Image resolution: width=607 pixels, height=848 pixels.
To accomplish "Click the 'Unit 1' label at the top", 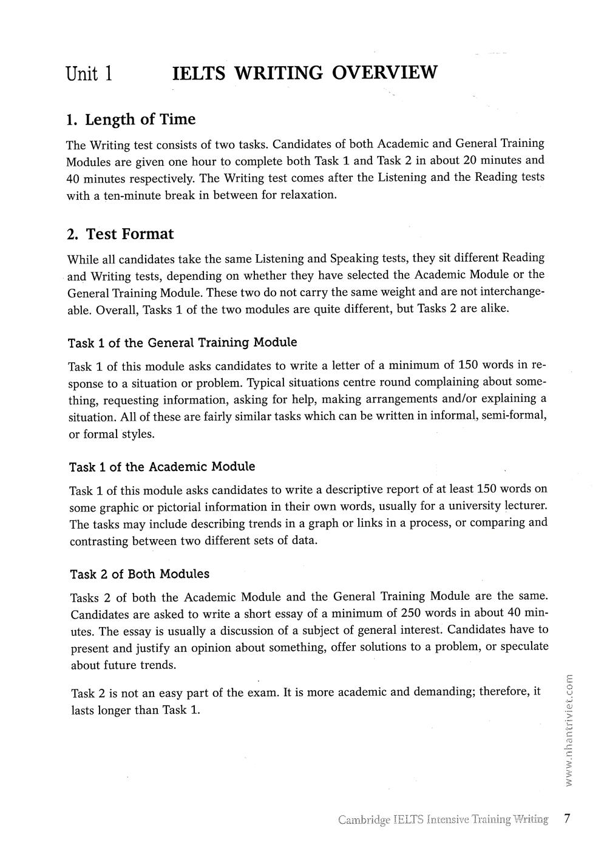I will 89,73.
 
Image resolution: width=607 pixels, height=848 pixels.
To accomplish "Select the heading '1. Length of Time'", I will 131,119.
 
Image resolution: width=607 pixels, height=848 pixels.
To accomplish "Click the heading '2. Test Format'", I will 120,234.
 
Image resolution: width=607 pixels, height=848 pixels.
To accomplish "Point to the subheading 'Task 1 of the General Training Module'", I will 183,342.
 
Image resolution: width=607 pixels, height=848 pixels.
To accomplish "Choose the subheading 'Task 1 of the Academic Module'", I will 162,467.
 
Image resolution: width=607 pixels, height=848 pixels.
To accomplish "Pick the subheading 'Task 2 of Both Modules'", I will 140,574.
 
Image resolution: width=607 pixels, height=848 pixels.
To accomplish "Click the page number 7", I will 567,818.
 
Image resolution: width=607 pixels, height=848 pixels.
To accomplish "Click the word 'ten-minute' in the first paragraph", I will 119,195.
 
